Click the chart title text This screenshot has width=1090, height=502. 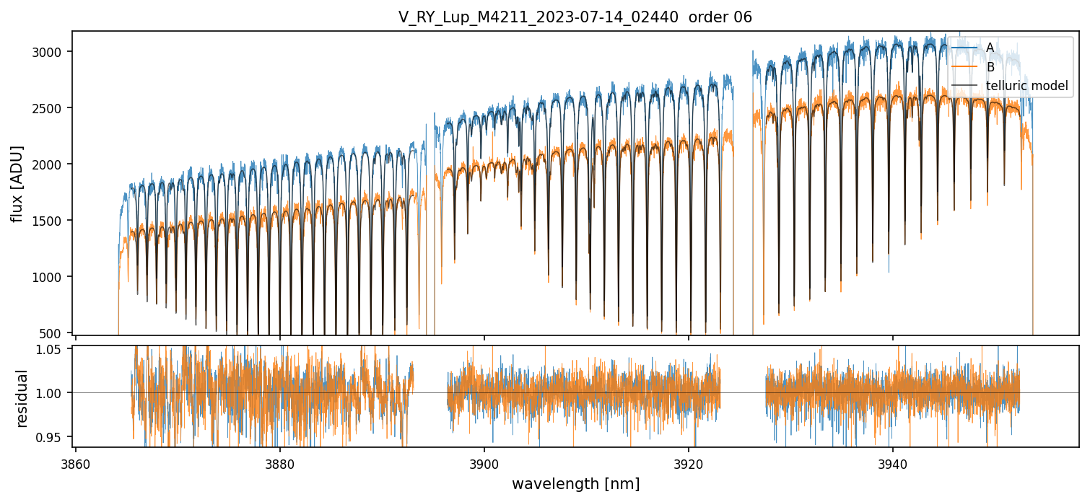(575, 17)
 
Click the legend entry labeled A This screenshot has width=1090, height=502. (990, 48)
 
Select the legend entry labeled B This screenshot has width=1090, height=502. (990, 67)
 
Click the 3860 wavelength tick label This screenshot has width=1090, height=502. (76, 464)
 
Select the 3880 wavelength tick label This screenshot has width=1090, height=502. (280, 464)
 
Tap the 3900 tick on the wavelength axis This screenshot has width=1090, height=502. (484, 464)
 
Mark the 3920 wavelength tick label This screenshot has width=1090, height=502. (689, 464)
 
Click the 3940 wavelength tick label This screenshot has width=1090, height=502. (893, 464)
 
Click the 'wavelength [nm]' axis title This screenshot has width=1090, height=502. (575, 484)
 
